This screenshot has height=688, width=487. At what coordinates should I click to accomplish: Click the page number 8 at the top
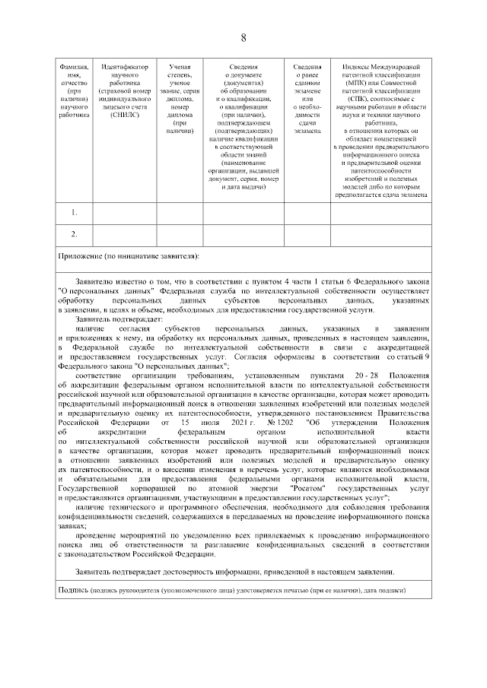click(x=243, y=38)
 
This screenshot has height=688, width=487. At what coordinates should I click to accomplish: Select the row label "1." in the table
click(x=75, y=212)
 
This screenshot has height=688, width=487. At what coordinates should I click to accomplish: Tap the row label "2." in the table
click(x=75, y=233)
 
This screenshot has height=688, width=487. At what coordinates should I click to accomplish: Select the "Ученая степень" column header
click(x=181, y=71)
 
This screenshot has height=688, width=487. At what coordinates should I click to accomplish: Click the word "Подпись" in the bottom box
click(x=73, y=590)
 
